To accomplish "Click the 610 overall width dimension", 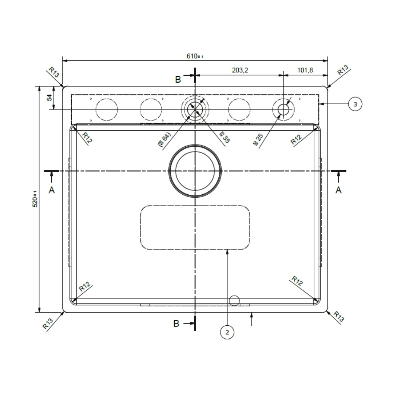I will [194, 56].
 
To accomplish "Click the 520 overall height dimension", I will [35, 199].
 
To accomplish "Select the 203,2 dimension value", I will [240, 70].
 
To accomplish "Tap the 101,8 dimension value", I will [305, 70].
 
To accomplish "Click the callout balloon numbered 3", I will [355, 104].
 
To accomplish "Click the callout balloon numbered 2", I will [227, 332].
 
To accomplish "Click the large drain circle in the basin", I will [195, 170].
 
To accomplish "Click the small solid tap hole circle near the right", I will [283, 109].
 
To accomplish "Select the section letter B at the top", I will [178, 80].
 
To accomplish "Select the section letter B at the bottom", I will [176, 323].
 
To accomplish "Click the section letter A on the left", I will [52, 190].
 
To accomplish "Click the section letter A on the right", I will [338, 190].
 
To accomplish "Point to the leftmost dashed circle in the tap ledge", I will [107, 110].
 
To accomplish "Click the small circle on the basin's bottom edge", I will [234, 300].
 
